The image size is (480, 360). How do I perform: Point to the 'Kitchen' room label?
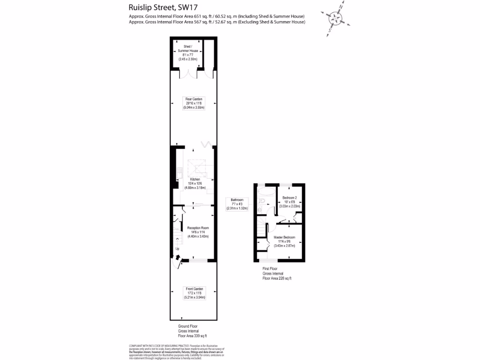click(195, 183)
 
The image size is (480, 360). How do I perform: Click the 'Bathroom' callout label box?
click(237, 204)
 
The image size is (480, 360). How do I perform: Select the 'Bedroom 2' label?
click(290, 202)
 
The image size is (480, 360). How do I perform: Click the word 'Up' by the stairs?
click(177, 249)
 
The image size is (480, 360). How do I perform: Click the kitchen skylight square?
click(196, 167)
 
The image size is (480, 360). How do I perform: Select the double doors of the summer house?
click(191, 75)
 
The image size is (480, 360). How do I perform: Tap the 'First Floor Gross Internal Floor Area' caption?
click(277, 273)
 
